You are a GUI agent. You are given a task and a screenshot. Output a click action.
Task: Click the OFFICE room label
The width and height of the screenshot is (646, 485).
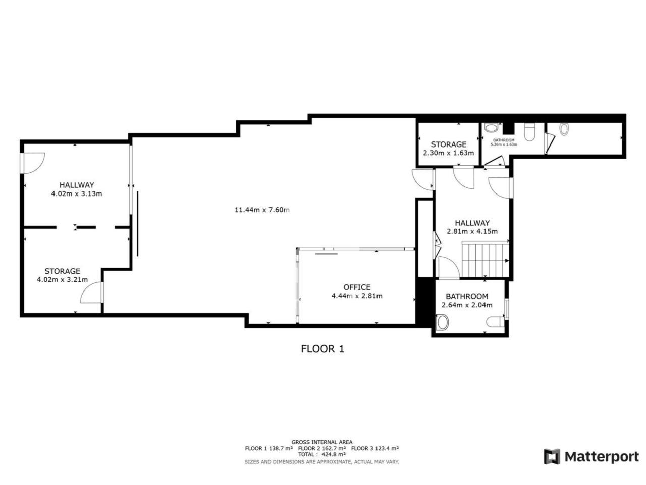pos(357,287)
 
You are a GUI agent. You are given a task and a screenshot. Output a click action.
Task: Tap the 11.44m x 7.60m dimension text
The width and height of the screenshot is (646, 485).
pos(262,210)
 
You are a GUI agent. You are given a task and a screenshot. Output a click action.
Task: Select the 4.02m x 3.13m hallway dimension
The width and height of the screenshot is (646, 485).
pos(77,194)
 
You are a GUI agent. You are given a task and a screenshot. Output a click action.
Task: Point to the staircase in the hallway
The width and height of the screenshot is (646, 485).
pos(485,259)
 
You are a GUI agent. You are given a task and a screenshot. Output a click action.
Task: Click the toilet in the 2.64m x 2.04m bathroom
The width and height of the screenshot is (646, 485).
pos(495,322)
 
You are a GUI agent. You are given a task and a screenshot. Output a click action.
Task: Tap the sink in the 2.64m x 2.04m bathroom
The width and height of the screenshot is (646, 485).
pos(442,322)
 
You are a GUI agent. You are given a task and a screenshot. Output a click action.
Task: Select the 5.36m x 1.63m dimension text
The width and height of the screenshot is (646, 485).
pos(504,144)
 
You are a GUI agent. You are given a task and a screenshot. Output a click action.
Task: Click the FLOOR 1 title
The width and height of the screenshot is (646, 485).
pos(322,349)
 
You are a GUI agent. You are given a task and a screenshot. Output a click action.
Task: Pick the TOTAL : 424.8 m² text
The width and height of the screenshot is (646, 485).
pos(322,454)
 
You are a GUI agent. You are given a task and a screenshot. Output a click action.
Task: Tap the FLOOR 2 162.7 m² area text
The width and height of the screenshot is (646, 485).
pos(322,448)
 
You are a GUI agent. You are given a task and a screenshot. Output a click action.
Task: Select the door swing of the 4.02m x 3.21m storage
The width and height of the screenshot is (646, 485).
pos(91,292)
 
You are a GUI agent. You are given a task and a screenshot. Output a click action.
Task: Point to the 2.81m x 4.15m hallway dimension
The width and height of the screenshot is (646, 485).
pos(472,231)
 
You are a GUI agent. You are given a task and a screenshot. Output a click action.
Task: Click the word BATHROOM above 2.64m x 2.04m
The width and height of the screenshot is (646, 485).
pos(467,296)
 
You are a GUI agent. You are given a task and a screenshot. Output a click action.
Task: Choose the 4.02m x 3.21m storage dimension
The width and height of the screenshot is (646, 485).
pos(62,280)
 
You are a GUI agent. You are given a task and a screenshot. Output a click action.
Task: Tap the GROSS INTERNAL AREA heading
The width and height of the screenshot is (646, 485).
pos(322,442)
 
